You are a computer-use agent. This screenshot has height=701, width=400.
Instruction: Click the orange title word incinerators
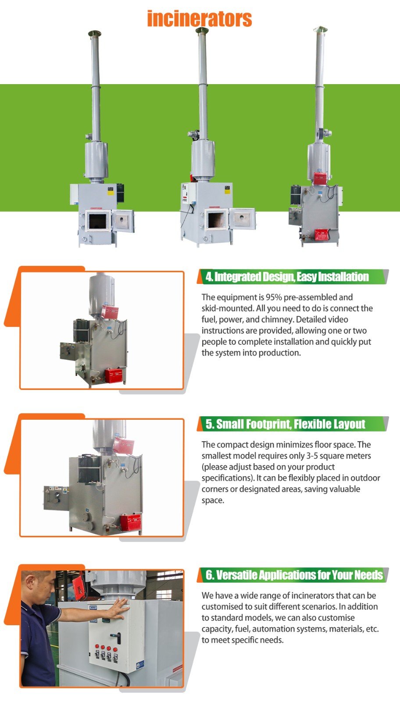[200, 19]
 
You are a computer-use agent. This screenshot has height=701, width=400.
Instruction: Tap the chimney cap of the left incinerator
[95, 33]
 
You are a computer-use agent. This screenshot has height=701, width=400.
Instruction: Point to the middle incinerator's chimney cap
[202, 30]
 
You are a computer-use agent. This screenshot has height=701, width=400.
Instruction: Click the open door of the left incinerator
[123, 221]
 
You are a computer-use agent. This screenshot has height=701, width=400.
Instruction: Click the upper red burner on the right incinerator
[321, 178]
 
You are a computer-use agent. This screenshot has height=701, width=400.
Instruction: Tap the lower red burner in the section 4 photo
[114, 375]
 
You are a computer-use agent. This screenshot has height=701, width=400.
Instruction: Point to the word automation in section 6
[273, 629]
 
